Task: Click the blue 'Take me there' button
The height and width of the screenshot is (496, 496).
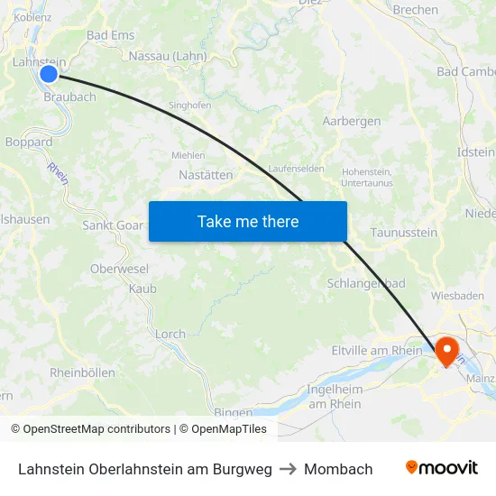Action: click(x=247, y=221)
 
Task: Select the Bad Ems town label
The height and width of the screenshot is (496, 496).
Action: click(x=110, y=35)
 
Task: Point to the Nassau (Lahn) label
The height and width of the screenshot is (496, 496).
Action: click(x=168, y=56)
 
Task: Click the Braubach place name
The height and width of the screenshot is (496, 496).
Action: click(x=69, y=97)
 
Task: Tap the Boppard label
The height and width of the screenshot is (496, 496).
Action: click(x=29, y=142)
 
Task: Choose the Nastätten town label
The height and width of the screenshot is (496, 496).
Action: click(x=206, y=175)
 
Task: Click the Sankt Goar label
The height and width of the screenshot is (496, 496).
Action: click(x=113, y=225)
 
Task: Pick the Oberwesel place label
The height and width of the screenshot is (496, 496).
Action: click(x=119, y=269)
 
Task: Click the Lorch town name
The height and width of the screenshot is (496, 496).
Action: click(x=170, y=334)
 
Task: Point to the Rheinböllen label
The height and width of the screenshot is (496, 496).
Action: click(x=82, y=372)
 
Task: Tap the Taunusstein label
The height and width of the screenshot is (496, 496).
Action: click(x=404, y=233)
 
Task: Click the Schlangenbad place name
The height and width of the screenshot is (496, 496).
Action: click(x=366, y=283)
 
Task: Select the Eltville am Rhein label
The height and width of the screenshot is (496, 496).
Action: click(x=377, y=351)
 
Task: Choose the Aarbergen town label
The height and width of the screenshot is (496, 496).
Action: click(x=352, y=121)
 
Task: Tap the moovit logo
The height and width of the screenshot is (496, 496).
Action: click(x=441, y=468)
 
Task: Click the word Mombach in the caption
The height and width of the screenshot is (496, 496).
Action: click(x=338, y=469)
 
